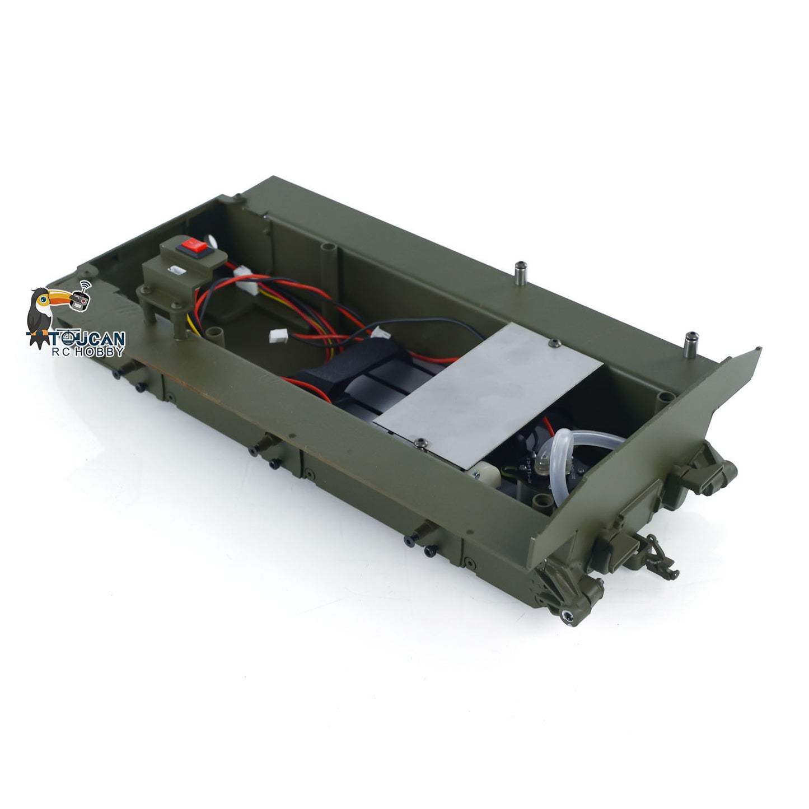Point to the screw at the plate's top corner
tap(553, 342)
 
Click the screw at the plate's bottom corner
tap(420, 443)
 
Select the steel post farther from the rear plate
tap(521, 272)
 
